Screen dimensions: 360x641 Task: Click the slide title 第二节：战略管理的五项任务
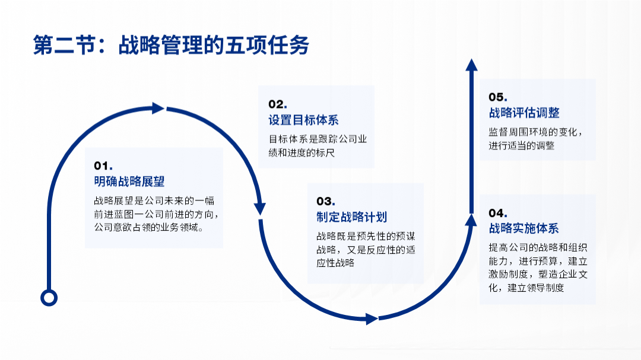(x=171, y=46)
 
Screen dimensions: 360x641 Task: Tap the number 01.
(x=103, y=165)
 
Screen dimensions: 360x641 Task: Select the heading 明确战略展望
(x=129, y=181)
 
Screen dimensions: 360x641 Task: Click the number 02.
(x=278, y=104)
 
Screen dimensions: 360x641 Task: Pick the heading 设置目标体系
(x=303, y=120)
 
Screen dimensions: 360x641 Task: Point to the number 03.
(x=326, y=201)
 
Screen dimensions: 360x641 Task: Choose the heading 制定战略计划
(x=351, y=217)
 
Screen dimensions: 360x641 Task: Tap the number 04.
(x=498, y=212)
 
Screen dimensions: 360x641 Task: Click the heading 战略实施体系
(x=523, y=228)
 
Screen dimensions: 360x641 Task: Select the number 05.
(x=498, y=97)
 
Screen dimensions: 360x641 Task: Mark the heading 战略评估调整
(x=523, y=113)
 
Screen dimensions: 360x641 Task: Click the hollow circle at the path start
(x=49, y=297)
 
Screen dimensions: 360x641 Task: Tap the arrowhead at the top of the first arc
(x=158, y=108)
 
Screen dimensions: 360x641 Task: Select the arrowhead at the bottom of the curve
(x=372, y=319)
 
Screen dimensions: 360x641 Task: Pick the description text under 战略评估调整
(x=535, y=139)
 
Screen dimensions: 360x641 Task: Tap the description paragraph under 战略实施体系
(x=538, y=267)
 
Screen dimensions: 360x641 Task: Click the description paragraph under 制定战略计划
(x=366, y=249)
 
